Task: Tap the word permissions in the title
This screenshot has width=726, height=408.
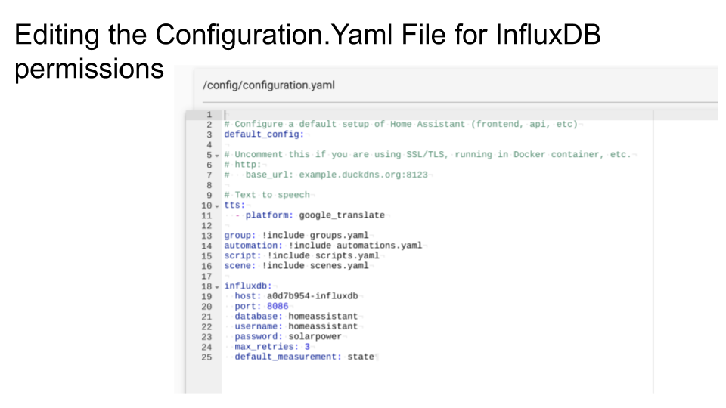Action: coord(89,69)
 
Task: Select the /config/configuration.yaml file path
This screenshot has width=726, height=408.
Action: coord(268,85)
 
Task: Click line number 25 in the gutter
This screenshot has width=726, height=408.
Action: coord(206,357)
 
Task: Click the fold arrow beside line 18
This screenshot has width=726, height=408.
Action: coord(217,286)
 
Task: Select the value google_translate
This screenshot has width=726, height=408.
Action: coord(342,215)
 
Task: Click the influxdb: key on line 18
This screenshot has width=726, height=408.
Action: coord(247,286)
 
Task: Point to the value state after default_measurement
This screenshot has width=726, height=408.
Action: coord(361,357)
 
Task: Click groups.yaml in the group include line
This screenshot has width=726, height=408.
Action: coord(339,236)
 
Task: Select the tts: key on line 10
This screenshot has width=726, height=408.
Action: coord(234,205)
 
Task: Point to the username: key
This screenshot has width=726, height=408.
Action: coord(259,326)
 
